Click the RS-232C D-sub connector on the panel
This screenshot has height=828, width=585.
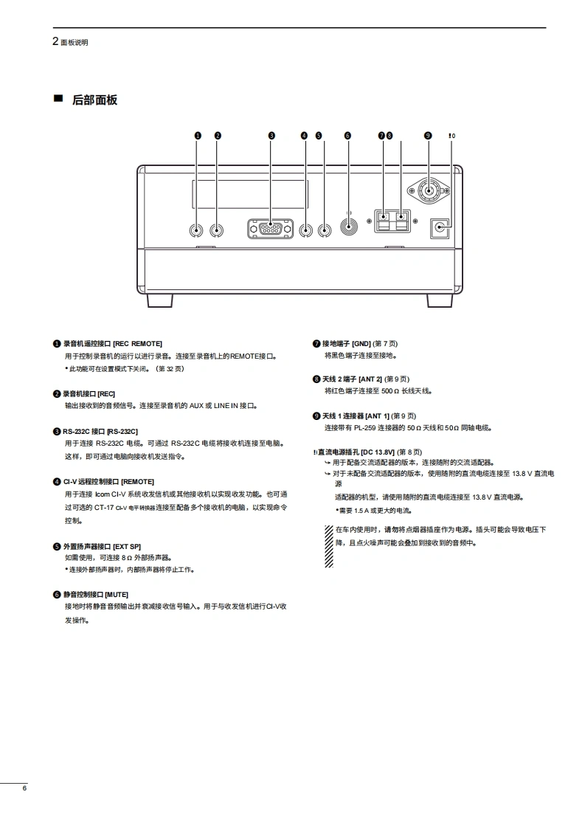270,230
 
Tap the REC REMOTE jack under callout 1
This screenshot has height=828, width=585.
197,230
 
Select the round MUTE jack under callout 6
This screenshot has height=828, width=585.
348,224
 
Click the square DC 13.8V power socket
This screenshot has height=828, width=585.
441,227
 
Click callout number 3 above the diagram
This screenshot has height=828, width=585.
271,136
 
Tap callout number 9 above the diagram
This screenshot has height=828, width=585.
428,136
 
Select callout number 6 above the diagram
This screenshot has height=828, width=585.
347,136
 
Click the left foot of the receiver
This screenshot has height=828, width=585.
159,300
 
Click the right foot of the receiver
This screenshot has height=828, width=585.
440,300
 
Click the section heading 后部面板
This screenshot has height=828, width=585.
94,100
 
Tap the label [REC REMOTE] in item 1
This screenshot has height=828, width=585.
137,344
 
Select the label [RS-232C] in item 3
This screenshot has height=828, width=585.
122,431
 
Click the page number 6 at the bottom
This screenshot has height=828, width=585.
24,789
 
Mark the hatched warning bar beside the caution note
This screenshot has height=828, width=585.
329,545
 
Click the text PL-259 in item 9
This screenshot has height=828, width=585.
367,427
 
